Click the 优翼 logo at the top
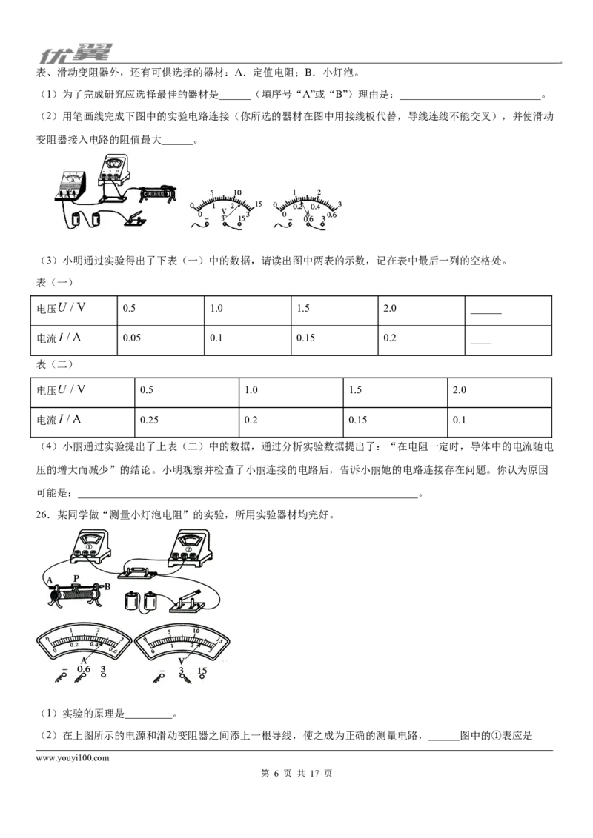[75, 53]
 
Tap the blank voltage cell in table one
[508, 310]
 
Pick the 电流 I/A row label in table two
[59, 420]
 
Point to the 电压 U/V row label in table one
[61, 308]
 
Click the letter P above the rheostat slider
[76, 578]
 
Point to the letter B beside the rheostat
[107, 586]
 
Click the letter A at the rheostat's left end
[50, 580]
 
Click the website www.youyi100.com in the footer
[72, 758]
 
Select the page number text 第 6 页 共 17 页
[296, 774]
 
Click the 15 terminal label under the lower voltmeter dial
[202, 671]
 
